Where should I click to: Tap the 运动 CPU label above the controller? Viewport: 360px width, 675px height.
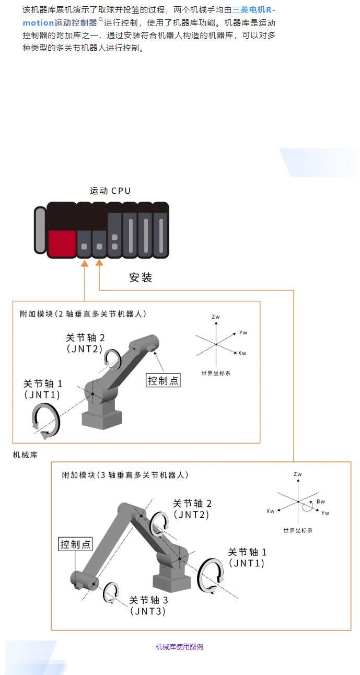tap(110, 191)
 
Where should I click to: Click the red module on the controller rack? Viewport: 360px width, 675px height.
tap(62, 243)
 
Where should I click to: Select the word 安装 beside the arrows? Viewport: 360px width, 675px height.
tap(140, 277)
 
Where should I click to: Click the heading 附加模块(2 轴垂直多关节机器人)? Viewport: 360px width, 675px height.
tap(83, 314)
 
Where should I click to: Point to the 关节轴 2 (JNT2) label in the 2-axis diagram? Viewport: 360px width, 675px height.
tap(85, 344)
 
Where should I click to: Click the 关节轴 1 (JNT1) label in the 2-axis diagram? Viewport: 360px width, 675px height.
tap(43, 389)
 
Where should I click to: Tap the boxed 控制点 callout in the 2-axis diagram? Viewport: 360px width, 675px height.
tap(163, 380)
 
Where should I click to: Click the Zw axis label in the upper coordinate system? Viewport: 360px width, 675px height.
tap(216, 317)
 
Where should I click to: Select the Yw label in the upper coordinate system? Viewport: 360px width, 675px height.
tap(242, 332)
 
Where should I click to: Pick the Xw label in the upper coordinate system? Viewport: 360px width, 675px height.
tap(242, 354)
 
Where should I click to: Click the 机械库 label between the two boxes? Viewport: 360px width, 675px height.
tap(25, 455)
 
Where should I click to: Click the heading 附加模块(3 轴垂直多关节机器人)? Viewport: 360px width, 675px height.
tap(125, 475)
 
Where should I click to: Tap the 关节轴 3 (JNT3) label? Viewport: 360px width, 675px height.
tap(148, 606)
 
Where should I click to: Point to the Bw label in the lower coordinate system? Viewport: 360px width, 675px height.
tap(320, 502)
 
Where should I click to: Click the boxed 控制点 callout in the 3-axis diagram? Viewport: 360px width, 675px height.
tap(75, 544)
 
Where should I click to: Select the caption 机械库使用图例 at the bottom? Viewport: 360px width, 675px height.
tap(179, 647)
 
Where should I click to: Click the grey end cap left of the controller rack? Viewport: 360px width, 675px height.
tap(40, 232)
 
